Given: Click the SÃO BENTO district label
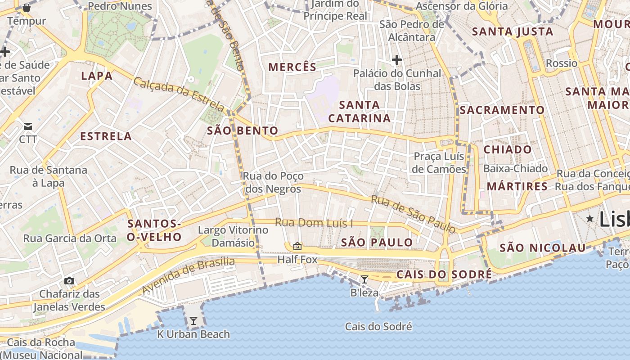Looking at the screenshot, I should (x=243, y=131).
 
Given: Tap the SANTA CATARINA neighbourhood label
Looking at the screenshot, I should (x=359, y=112).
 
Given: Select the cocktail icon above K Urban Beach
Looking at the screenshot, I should (x=193, y=321).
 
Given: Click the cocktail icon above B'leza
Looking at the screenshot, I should (x=364, y=279).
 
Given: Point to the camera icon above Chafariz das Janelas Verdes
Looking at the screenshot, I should (x=69, y=281).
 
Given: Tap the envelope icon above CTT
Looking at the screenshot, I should (x=28, y=126).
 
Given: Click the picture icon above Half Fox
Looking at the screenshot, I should (x=297, y=246).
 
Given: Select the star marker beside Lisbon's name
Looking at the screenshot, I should (x=589, y=218).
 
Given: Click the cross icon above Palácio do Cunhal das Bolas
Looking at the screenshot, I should (x=396, y=59).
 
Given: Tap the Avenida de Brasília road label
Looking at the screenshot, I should (x=189, y=275).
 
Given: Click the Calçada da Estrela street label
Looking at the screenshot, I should (x=179, y=94).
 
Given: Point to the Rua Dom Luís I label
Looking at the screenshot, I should (x=314, y=223).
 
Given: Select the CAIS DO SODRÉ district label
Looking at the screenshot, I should (x=444, y=274).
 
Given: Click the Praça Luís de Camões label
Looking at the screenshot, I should (x=439, y=163).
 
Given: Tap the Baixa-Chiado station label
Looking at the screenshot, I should (x=515, y=169).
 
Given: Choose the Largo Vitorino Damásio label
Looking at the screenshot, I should (x=233, y=236).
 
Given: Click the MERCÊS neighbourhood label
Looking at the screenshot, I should (x=292, y=67).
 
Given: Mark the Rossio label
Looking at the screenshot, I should (x=561, y=63).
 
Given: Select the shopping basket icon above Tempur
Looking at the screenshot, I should (x=27, y=8).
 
